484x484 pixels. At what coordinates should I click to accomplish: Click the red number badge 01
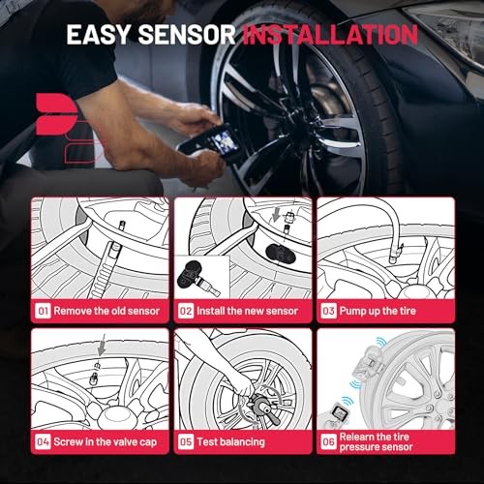point(43,312)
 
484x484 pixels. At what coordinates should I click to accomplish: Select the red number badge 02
point(185,312)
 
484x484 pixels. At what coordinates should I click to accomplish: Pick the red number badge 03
point(328,312)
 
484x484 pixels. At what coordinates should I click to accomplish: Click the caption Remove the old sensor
point(102,312)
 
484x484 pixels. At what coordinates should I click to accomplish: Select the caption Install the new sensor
point(244,312)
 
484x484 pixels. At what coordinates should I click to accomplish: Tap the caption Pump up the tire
point(380,312)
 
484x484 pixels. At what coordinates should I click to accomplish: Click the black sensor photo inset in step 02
point(201,276)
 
